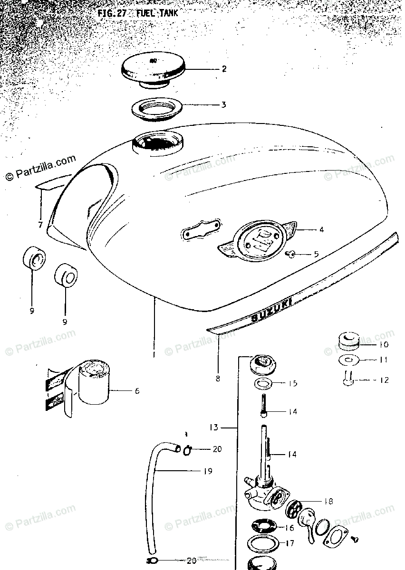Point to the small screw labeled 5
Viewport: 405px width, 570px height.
[291, 255]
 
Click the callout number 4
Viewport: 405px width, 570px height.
[321, 230]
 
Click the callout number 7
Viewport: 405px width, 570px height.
[40, 224]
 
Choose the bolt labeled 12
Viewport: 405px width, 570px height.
[347, 379]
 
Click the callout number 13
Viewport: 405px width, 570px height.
[214, 427]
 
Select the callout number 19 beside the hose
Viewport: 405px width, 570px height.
[207, 471]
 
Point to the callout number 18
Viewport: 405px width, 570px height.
[328, 501]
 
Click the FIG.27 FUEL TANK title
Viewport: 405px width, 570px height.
[137, 14]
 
